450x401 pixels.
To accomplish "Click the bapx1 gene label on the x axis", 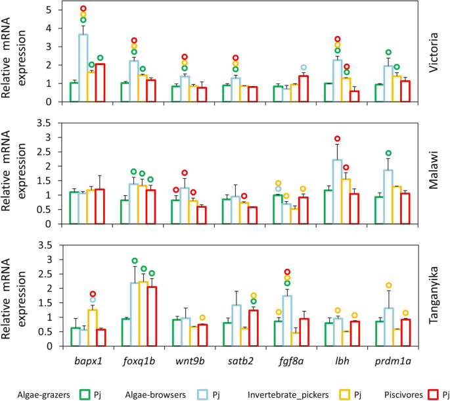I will tap(87, 360).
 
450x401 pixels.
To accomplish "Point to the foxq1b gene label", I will tap(137, 360).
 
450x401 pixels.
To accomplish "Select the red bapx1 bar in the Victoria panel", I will tap(100, 83).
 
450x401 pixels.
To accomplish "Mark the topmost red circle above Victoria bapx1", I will tap(83, 9).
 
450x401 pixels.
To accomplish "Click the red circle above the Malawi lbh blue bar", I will tap(337, 139).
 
